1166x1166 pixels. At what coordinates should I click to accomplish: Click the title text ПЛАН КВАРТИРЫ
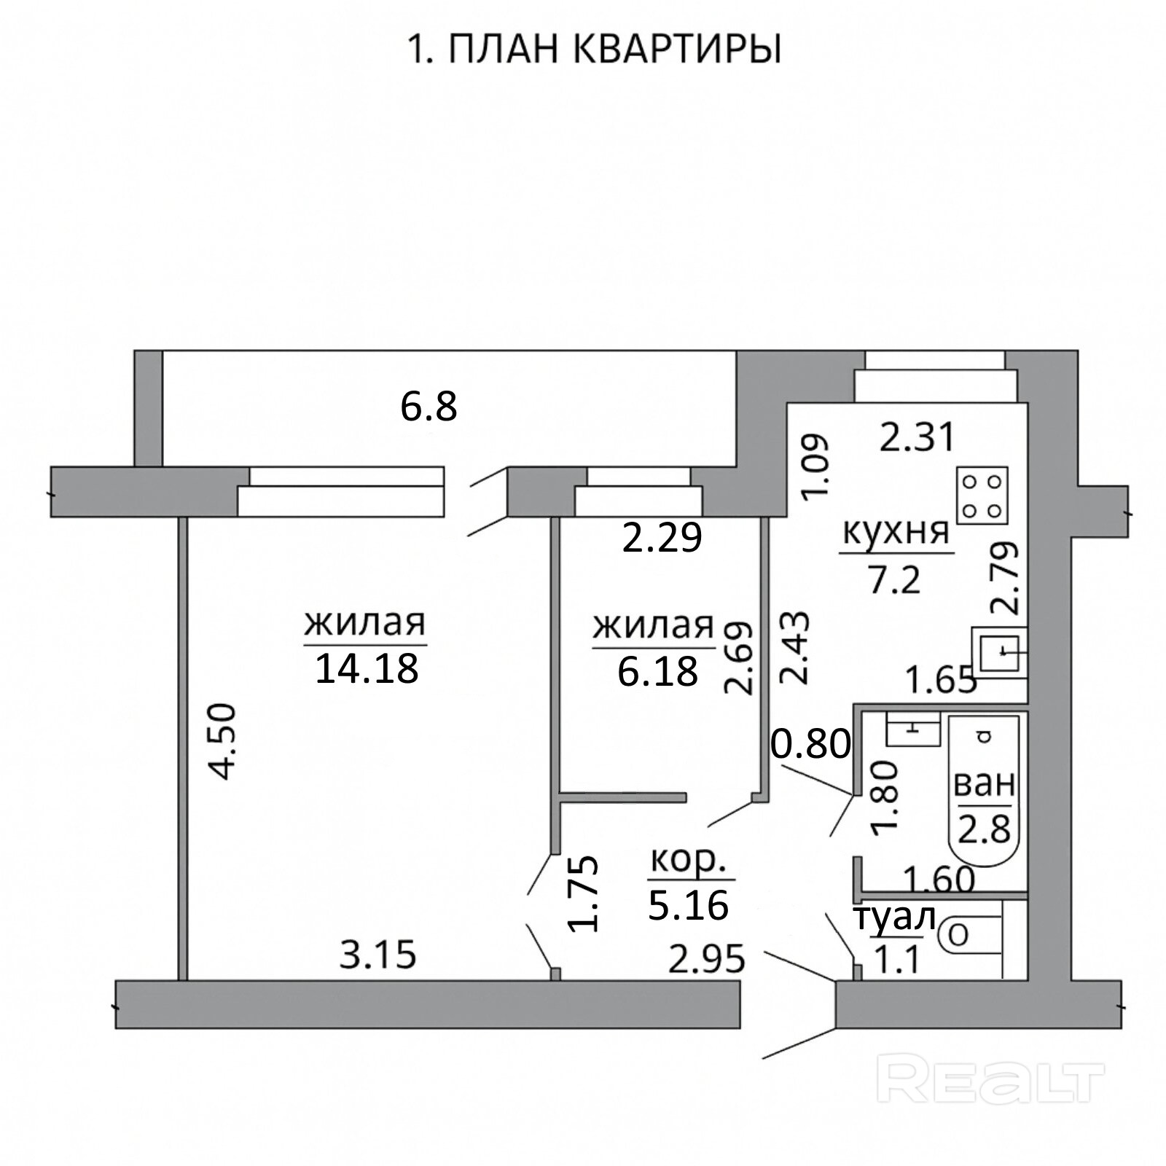coord(614,50)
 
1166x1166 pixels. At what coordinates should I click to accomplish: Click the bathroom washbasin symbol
coord(914,729)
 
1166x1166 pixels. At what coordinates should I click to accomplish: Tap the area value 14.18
coord(367,668)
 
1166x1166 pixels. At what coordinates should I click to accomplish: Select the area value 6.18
coord(657,671)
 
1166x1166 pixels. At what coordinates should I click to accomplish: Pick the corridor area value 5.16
coord(688,905)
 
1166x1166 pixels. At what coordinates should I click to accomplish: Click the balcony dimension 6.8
coord(429,406)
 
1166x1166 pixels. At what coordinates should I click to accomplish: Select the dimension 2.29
coord(662,538)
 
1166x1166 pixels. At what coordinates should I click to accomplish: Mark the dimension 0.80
coord(811,744)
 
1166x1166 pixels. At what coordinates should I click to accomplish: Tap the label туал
coord(894,920)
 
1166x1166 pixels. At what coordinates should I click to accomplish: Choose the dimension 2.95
coord(707,958)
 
